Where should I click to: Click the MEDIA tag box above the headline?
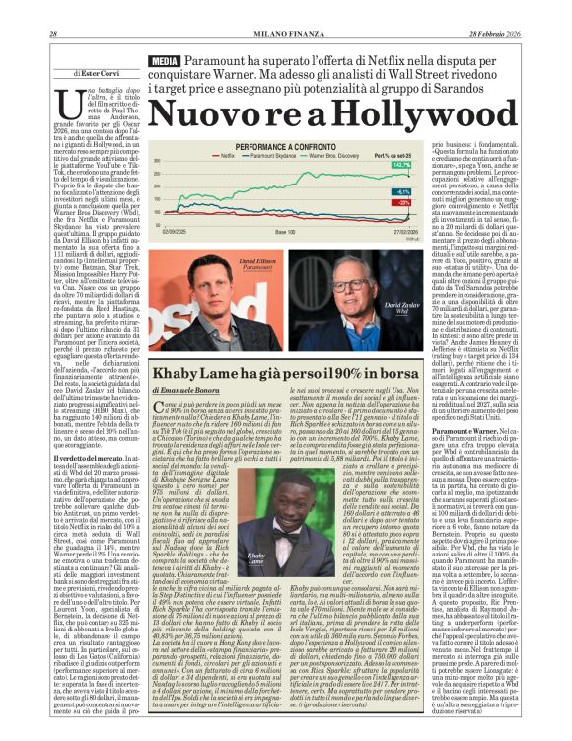(x=164, y=63)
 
